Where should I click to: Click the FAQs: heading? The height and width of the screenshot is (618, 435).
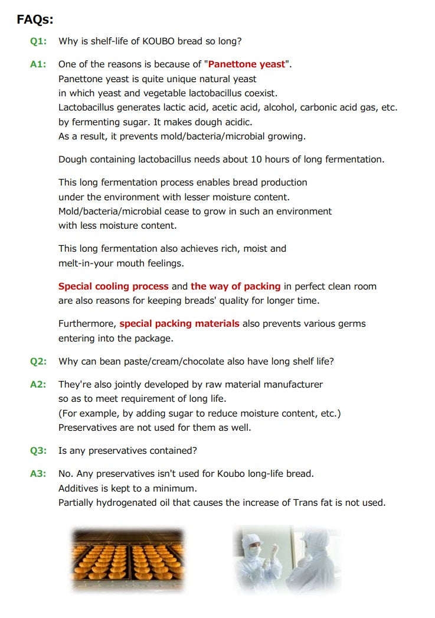[x=35, y=19]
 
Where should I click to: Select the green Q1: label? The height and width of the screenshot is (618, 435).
[x=38, y=41]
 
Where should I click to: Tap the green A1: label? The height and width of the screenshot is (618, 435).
[x=38, y=64]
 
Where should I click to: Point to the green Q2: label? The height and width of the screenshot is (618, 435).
[x=38, y=362]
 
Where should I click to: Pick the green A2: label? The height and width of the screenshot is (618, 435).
[x=38, y=385]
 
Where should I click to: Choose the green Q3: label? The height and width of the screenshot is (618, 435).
[x=38, y=451]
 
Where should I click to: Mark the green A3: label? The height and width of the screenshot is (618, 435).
[x=38, y=474]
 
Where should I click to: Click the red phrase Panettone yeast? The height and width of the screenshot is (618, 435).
[x=247, y=64]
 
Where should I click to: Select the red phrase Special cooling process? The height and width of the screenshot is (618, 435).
[x=113, y=287]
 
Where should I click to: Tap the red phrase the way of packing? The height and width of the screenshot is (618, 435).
[x=236, y=287]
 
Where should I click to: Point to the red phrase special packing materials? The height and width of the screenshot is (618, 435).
[x=179, y=324]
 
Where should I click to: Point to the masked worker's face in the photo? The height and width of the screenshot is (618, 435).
[x=254, y=549]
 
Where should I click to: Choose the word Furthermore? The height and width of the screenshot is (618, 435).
[x=87, y=324]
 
